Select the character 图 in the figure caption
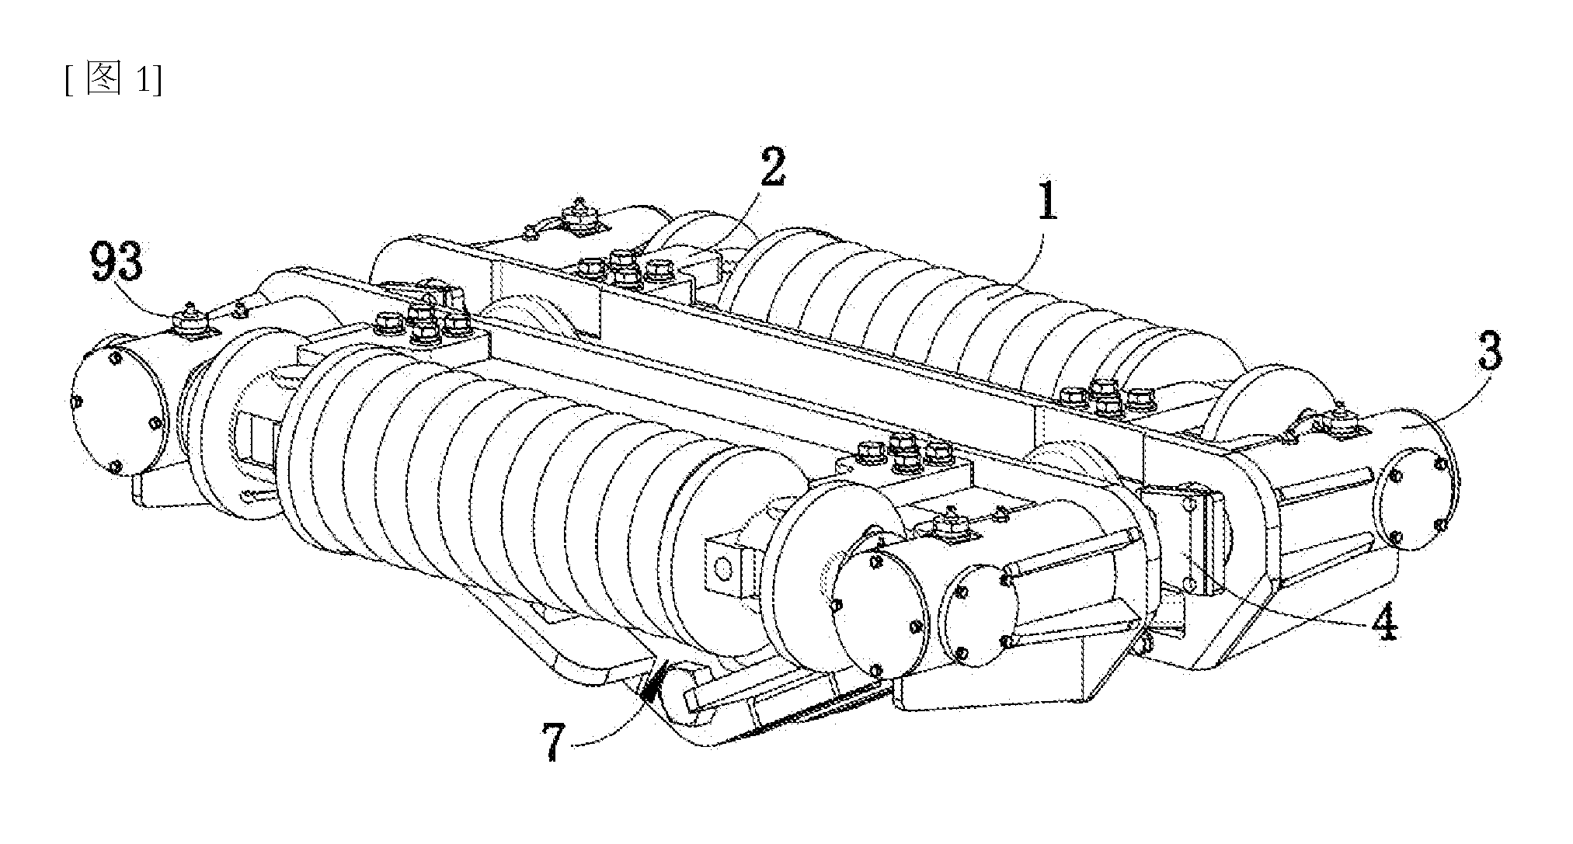point(105,80)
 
